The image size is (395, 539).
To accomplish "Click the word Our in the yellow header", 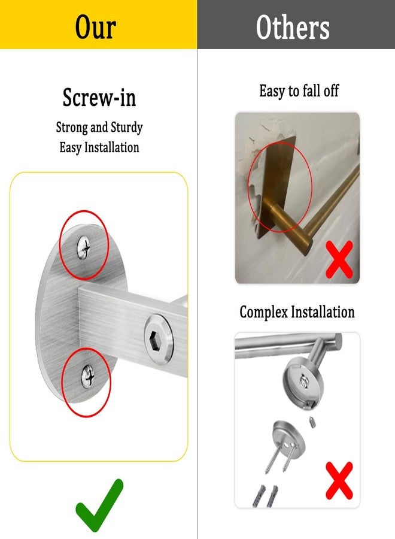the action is point(96,27).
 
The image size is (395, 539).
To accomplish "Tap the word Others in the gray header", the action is point(293,27).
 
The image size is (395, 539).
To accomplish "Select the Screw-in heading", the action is point(99,97).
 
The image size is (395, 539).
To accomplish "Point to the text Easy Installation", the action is point(99,147).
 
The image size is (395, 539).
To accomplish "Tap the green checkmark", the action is point(99,505).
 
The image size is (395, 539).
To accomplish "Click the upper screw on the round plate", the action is point(84,247).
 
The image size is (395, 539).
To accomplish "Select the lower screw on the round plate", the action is point(87,377).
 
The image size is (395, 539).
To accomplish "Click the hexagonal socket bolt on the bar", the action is point(159,338).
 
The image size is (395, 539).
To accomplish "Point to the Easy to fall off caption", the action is point(299,91).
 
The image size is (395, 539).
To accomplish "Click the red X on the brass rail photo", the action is point(339,259).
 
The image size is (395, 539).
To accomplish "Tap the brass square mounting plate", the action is point(277,186).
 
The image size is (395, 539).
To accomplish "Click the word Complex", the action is point(263,312).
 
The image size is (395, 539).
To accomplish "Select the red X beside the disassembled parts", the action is point(339,480).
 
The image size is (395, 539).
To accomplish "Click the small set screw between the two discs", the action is point(312,422).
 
